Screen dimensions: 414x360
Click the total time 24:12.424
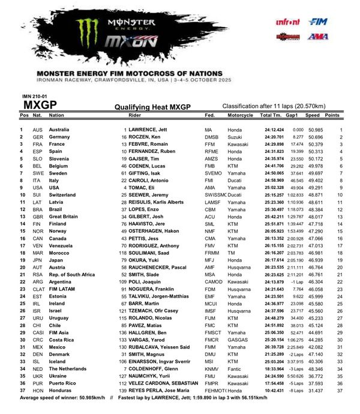click(x=273, y=130)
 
